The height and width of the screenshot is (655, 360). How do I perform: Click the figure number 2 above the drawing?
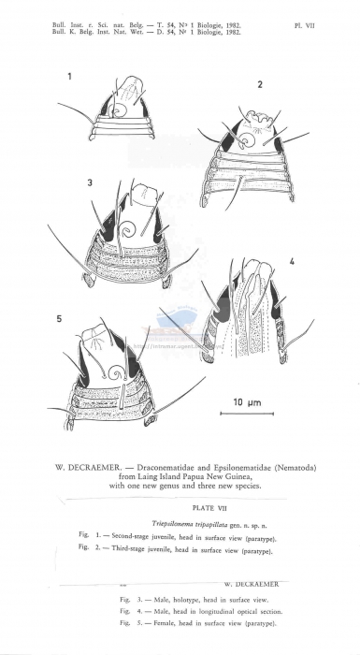coord(260,86)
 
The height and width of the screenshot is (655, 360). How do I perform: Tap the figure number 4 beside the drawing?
coord(292,263)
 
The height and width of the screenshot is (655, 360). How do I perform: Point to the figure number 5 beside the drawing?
coord(60,320)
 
